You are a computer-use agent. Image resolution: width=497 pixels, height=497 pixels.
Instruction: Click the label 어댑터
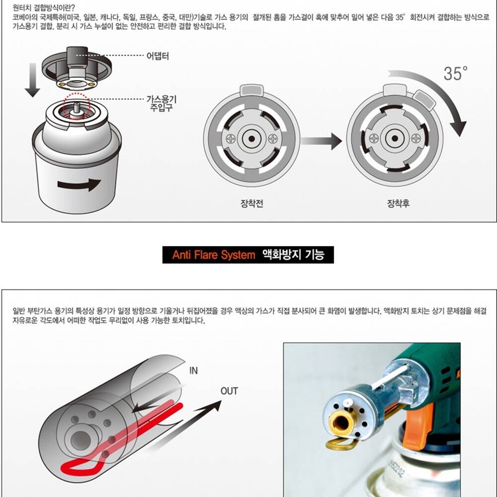(158, 56)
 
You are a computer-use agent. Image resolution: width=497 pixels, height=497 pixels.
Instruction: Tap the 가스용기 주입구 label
(162, 103)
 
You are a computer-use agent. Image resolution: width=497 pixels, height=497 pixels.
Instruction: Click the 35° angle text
(455, 73)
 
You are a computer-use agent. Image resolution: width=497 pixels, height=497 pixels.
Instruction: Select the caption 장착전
(251, 203)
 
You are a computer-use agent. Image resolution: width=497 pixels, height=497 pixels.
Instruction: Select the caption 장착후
(398, 203)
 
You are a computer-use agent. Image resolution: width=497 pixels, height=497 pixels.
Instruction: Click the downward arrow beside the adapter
(32, 80)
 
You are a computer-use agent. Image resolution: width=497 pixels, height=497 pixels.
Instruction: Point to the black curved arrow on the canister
(79, 184)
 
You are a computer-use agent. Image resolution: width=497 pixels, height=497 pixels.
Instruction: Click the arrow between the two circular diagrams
(321, 141)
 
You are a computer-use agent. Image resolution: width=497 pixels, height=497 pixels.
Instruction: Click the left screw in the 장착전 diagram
(231, 139)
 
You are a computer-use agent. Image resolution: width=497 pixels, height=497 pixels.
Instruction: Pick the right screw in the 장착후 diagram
(416, 139)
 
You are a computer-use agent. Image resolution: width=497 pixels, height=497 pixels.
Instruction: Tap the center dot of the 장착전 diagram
(251, 139)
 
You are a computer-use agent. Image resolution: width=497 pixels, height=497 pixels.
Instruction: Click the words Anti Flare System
(214, 255)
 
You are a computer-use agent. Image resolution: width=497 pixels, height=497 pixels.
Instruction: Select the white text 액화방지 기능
(294, 254)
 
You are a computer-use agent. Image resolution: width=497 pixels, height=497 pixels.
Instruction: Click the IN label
(193, 371)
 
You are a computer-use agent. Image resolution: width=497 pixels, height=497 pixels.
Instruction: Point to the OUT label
(229, 391)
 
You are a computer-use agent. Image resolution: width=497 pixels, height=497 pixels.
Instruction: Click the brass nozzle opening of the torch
(342, 422)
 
